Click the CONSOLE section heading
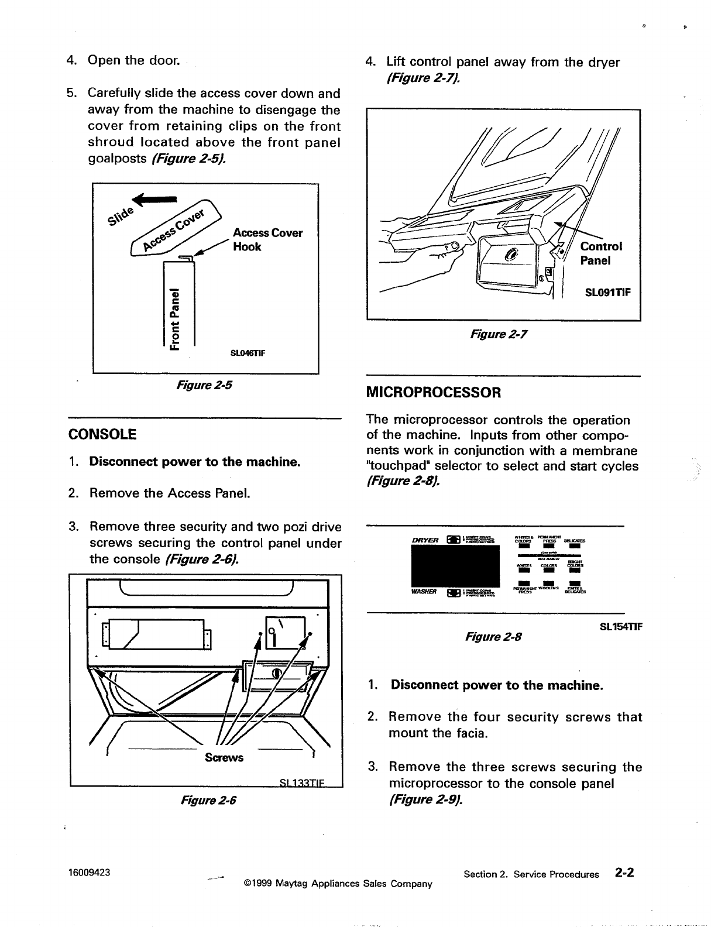pyautogui.click(x=102, y=434)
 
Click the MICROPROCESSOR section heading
pyautogui.click(x=433, y=392)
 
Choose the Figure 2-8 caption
pyautogui.click(x=492, y=636)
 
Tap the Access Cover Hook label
pyautogui.click(x=267, y=240)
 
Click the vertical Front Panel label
pyautogui.click(x=174, y=319)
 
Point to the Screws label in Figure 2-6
pyautogui.click(x=224, y=758)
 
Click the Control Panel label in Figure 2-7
pyautogui.click(x=601, y=253)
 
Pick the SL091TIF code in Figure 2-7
pyautogui.click(x=608, y=293)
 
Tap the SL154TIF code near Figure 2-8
pyautogui.click(x=621, y=626)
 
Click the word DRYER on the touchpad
pyautogui.click(x=427, y=540)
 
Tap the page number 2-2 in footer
pyautogui.click(x=624, y=873)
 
